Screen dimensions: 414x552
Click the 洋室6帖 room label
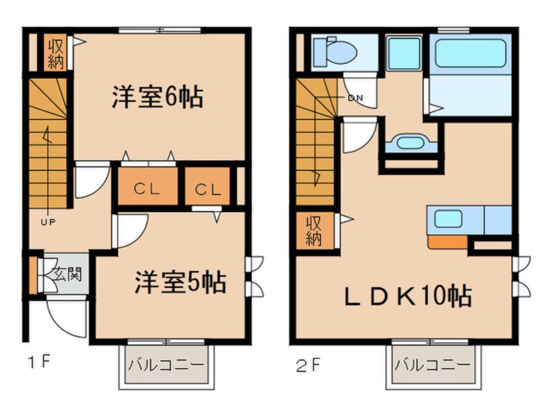[157, 98]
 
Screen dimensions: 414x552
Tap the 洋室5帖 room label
[181, 283]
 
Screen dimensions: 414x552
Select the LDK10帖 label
[408, 296]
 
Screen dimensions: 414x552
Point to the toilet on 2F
[333, 50]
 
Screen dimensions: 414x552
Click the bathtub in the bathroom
[470, 54]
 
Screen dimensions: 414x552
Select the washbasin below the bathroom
[410, 142]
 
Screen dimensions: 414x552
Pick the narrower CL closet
[208, 190]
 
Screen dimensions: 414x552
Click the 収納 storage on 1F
[54, 54]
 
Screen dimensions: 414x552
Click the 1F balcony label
[165, 364]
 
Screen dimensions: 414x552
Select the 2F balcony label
[432, 364]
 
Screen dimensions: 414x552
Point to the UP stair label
[49, 222]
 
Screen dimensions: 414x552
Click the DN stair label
[355, 99]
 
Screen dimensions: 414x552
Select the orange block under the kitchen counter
[448, 242]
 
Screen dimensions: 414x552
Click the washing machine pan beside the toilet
[403, 50]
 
